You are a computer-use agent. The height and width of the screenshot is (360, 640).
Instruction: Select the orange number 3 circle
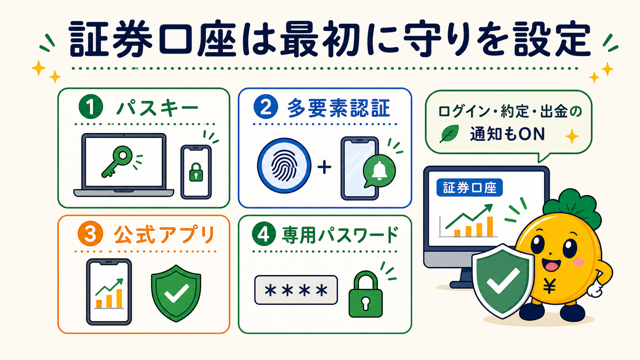pos(90,234)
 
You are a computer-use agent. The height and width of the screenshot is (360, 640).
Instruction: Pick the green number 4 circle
pos(264,234)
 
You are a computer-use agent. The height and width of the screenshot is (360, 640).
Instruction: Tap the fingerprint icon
pos(284,166)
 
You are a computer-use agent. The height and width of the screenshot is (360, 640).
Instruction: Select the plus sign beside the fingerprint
pos(325,167)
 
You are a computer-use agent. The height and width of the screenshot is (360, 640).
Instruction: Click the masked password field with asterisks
pos(296,290)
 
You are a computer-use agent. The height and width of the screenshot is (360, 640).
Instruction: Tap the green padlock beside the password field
pos(366,295)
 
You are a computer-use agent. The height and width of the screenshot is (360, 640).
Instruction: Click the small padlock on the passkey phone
pos(196,172)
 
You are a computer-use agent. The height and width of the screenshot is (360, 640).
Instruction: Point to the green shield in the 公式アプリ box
pos(176,293)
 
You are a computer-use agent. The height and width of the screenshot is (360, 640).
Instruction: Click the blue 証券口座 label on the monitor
pos(469,187)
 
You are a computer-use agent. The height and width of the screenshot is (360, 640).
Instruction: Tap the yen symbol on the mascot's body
pos(549,286)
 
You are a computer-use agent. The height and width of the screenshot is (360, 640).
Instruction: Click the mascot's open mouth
pos(552,265)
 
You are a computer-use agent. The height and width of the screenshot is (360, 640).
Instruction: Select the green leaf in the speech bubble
pos(449,134)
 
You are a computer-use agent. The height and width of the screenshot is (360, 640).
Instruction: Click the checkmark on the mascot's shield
pos(503,281)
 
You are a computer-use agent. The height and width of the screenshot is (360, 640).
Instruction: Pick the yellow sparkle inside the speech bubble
pos(572,136)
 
